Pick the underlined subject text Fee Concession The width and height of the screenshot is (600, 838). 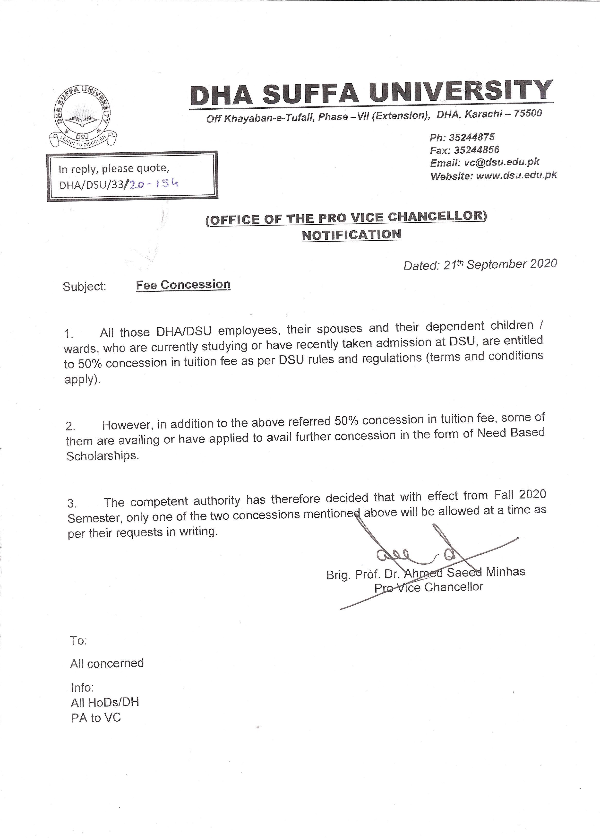183,285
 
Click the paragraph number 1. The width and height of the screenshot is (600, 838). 69,334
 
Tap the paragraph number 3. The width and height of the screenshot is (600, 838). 72,503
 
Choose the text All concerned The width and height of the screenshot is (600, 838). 107,663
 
